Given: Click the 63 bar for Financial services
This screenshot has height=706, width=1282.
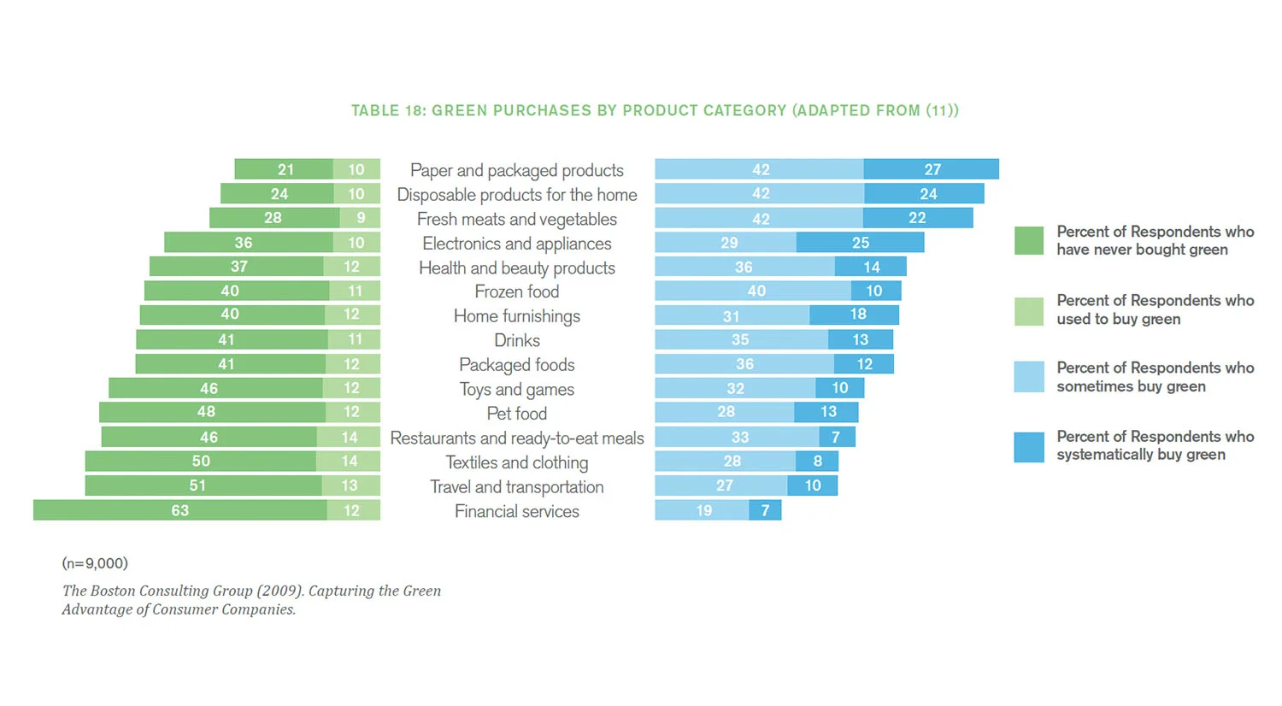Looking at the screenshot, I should [x=180, y=510].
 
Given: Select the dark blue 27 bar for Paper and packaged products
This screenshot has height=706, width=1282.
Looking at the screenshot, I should [x=931, y=169].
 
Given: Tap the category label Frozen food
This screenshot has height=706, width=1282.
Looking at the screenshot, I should [x=517, y=291].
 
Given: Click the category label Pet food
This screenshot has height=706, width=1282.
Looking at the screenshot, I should [x=517, y=414].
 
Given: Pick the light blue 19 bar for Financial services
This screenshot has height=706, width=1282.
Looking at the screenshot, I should [x=703, y=510].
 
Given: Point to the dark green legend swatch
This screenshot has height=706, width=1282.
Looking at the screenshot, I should [x=1029, y=241].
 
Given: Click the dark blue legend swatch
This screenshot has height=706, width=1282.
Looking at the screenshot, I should [x=1029, y=447].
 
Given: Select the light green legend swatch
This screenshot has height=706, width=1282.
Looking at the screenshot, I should [x=1029, y=311].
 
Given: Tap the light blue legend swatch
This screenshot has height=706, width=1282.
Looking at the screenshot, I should [x=1029, y=377].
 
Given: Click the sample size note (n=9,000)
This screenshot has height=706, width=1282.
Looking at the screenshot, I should [x=95, y=563].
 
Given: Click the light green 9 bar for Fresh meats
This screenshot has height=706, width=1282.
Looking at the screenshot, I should [x=360, y=218].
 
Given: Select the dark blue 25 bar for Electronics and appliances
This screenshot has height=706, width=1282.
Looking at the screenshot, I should [x=860, y=243].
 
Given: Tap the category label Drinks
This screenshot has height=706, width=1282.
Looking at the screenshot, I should [x=517, y=340].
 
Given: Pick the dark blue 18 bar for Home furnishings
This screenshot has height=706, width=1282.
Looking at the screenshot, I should [x=855, y=315].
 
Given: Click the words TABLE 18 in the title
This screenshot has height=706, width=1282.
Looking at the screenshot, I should [x=387, y=110].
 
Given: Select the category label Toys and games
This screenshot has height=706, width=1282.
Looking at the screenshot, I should [x=517, y=390].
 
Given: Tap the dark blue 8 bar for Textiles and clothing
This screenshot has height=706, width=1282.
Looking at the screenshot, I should [x=817, y=462].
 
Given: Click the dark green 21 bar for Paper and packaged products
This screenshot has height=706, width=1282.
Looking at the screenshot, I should [x=284, y=169].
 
